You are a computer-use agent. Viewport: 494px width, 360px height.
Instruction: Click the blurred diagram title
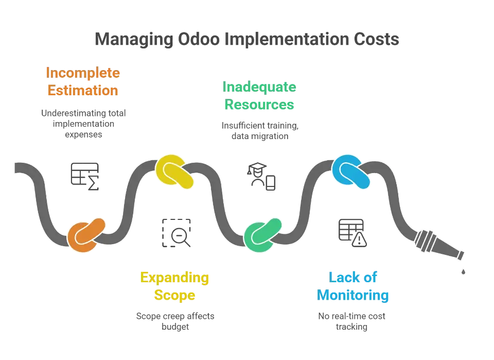tap(247, 39)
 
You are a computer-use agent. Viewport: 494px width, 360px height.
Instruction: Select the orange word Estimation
tap(83, 91)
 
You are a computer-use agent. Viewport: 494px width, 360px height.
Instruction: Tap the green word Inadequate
tap(259, 86)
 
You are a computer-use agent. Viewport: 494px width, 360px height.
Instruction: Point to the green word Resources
tap(259, 104)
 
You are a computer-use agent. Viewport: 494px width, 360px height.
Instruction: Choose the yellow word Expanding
tap(174, 278)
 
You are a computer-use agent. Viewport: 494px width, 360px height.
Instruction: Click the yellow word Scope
tap(174, 296)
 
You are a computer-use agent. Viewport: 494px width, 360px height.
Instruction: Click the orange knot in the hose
tap(86, 235)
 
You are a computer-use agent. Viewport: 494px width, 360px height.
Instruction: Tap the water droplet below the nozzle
tap(464, 269)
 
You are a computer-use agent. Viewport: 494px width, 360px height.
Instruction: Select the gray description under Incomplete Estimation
tap(83, 124)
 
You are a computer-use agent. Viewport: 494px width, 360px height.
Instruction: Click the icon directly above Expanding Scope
tap(177, 231)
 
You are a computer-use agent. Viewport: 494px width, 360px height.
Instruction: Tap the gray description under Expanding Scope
tap(177, 320)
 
